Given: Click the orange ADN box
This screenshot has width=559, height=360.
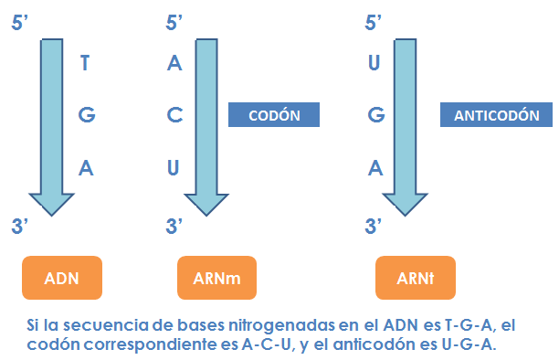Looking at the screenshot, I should pos(61,278).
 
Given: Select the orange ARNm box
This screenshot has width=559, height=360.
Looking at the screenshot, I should pos(216,278).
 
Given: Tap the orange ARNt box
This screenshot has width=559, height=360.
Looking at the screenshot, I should pos(415,278).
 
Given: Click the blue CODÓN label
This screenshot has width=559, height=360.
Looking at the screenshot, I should pos(273,114).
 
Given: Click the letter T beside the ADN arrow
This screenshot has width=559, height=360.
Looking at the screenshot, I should pos(86,63).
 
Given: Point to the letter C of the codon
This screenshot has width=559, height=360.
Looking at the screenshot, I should pos(176,115).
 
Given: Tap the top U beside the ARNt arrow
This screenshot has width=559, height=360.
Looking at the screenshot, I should pos(373,63).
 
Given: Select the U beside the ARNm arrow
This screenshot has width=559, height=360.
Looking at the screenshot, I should pos(176,168).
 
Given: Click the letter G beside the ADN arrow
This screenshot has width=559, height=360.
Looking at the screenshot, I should pos(87,115).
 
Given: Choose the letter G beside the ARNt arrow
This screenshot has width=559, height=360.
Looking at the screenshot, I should pos(374,115).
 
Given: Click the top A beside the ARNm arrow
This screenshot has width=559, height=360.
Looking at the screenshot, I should pos(176,63).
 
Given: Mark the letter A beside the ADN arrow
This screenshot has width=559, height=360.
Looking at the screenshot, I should pos(87,168).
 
